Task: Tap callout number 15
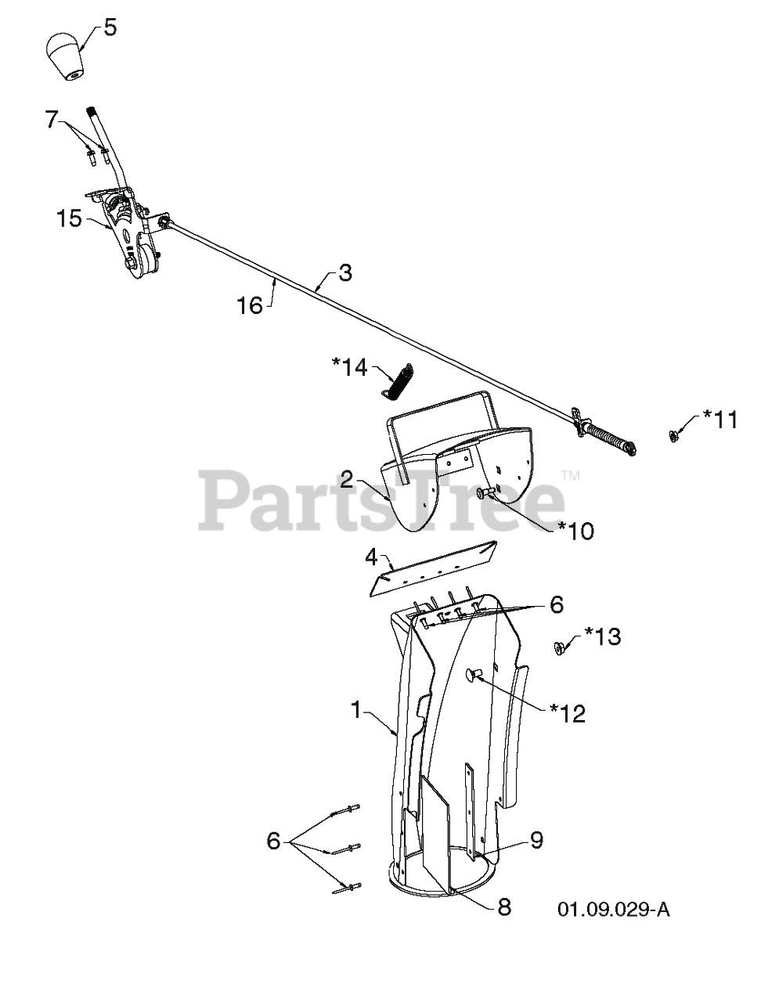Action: [69, 218]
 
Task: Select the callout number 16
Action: [250, 306]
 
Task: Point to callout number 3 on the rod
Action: [344, 272]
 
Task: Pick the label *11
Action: [720, 420]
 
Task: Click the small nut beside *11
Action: [673, 434]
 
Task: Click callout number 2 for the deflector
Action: [347, 480]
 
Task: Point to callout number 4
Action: [371, 557]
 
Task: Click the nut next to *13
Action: [560, 649]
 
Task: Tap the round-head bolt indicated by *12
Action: [473, 675]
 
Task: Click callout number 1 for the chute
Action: [356, 710]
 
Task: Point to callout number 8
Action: [504, 907]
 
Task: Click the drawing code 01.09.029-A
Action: [614, 910]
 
